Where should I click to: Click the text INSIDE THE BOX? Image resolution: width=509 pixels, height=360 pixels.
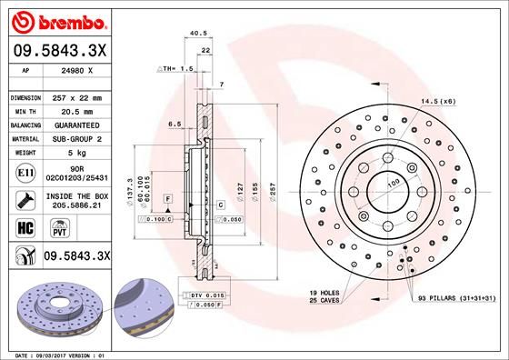click(x=78, y=196)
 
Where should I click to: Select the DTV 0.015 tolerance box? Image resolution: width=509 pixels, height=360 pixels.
click(x=207, y=296)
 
